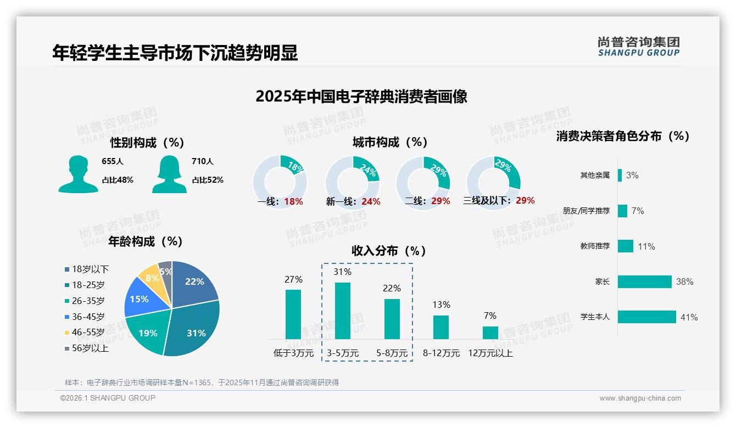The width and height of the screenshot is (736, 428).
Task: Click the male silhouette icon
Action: (x=78, y=174)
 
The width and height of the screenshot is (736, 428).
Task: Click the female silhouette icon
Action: (x=169, y=174)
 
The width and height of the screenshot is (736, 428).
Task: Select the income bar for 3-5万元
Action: (x=342, y=311)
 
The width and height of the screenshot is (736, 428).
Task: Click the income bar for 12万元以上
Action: (x=490, y=333)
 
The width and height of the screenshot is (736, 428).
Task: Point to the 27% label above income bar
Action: (x=293, y=279)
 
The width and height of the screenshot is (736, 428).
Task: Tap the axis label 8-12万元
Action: (x=441, y=353)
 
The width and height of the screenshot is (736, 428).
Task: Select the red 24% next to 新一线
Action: (x=371, y=202)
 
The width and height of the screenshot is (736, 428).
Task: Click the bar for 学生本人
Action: (x=646, y=317)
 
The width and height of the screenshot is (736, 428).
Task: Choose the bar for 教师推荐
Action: (x=625, y=246)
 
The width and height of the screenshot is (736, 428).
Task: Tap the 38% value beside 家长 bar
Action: (x=684, y=282)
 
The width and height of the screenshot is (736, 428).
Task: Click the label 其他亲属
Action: (x=595, y=176)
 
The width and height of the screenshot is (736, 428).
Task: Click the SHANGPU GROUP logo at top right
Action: (x=638, y=47)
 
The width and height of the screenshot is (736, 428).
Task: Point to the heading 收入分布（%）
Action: (x=389, y=251)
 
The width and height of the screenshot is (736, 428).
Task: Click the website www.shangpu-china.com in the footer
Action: (x=640, y=398)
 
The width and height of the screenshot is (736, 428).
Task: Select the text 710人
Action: (x=203, y=161)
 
